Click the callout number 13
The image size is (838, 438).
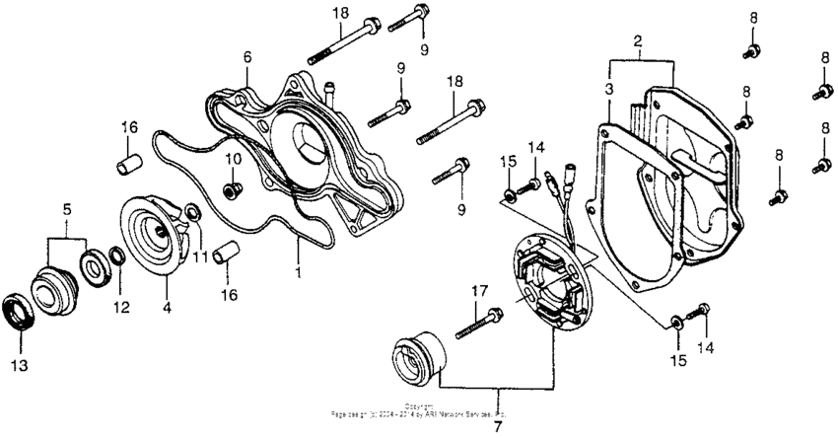[20, 365]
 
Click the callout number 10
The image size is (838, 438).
[235, 159]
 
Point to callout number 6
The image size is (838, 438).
[245, 57]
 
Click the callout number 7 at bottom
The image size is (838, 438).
[498, 427]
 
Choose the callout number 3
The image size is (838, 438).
[610, 88]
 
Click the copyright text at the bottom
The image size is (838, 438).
[419, 410]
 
